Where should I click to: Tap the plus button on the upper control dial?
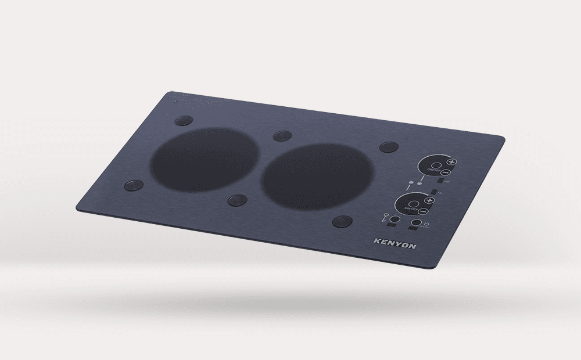tap(451, 162)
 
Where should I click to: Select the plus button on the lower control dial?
tap(429, 200)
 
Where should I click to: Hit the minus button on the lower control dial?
tap(423, 212)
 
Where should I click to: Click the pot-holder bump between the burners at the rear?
tap(282, 136)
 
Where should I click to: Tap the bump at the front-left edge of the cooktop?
tap(134, 186)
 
